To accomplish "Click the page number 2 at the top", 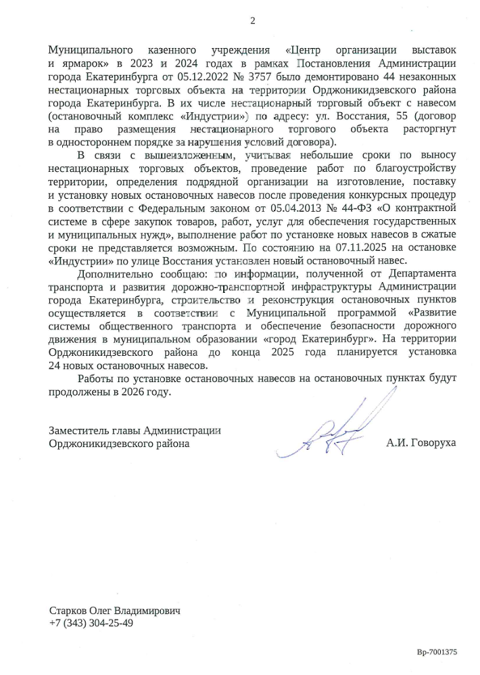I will coord(253,20).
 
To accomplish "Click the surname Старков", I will coord(68,609).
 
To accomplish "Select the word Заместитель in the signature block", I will coord(78,430).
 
